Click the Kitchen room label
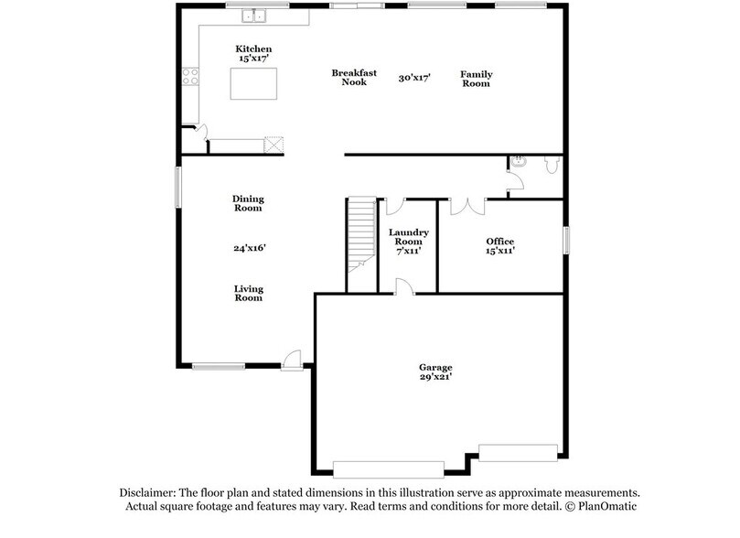pyautogui.click(x=253, y=48)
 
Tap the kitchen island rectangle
pyautogui.click(x=252, y=84)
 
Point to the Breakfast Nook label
pyautogui.click(x=349, y=77)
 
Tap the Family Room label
pyautogui.click(x=475, y=78)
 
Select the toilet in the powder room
pyautogui.click(x=552, y=165)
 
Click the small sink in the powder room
pyautogui.click(x=518, y=162)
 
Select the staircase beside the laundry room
pyautogui.click(x=360, y=238)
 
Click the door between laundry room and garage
pyautogui.click(x=404, y=288)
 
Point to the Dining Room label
pyautogui.click(x=247, y=202)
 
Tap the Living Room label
pyautogui.click(x=248, y=293)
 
